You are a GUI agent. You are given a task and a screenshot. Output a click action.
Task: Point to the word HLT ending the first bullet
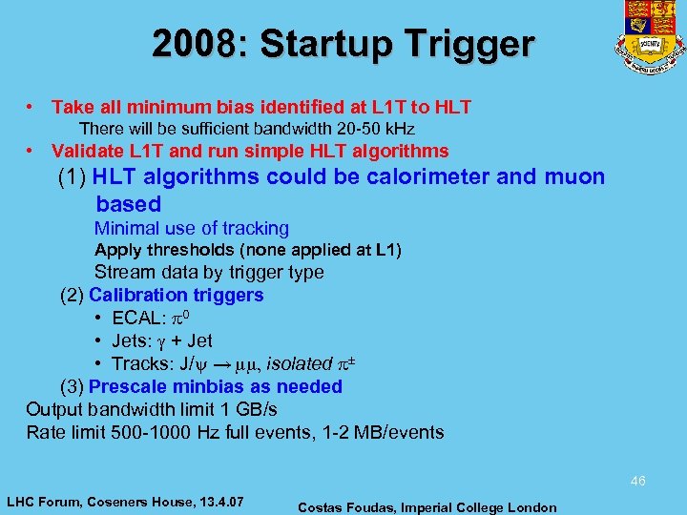[452, 108]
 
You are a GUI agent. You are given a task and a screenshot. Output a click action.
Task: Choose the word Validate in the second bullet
[87, 151]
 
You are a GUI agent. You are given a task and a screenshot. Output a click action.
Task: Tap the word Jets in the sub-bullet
[132, 340]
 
